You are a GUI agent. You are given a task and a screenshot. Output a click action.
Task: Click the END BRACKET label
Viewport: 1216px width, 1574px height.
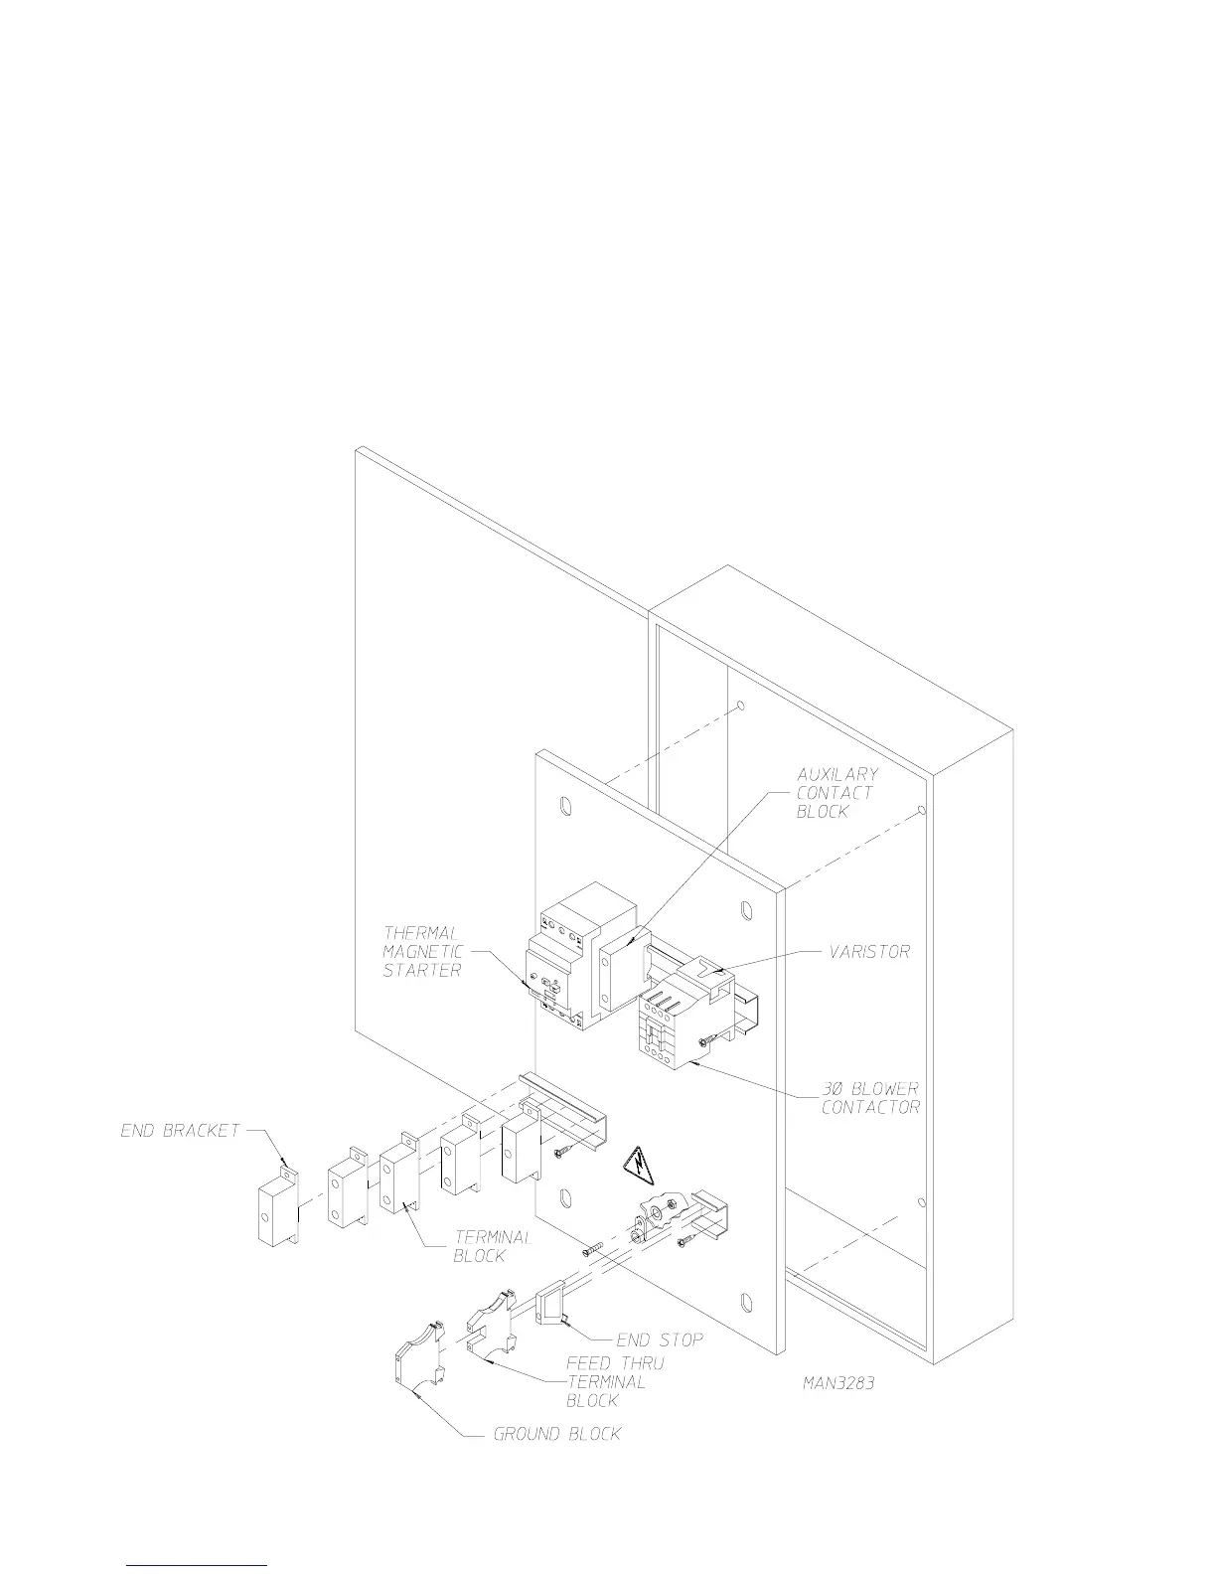click(x=180, y=1130)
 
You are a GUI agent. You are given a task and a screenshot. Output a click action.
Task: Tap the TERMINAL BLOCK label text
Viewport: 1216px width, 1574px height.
click(x=493, y=1246)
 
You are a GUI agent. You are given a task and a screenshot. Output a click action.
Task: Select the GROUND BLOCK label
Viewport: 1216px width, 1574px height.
click(x=557, y=1434)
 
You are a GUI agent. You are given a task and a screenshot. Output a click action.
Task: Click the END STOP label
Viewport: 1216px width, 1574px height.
click(x=660, y=1340)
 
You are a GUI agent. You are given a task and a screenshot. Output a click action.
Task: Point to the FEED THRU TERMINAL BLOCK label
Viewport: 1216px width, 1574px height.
click(x=615, y=1381)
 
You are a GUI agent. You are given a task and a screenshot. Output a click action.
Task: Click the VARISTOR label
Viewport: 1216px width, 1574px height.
click(x=869, y=951)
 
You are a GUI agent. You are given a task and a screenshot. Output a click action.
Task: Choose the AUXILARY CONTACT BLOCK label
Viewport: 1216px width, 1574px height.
click(x=836, y=792)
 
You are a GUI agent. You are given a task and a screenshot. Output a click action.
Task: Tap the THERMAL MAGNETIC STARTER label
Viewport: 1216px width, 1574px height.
click(x=422, y=952)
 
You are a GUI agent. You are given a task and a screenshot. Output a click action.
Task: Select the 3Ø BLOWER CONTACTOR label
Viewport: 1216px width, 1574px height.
click(x=870, y=1097)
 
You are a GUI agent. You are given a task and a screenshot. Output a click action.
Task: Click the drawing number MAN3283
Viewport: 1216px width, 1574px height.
click(x=838, y=1383)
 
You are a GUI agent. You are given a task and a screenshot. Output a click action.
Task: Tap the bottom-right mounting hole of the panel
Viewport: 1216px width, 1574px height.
click(x=745, y=1301)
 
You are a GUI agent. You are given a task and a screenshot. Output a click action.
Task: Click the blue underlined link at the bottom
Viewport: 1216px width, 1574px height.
click(x=198, y=1564)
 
